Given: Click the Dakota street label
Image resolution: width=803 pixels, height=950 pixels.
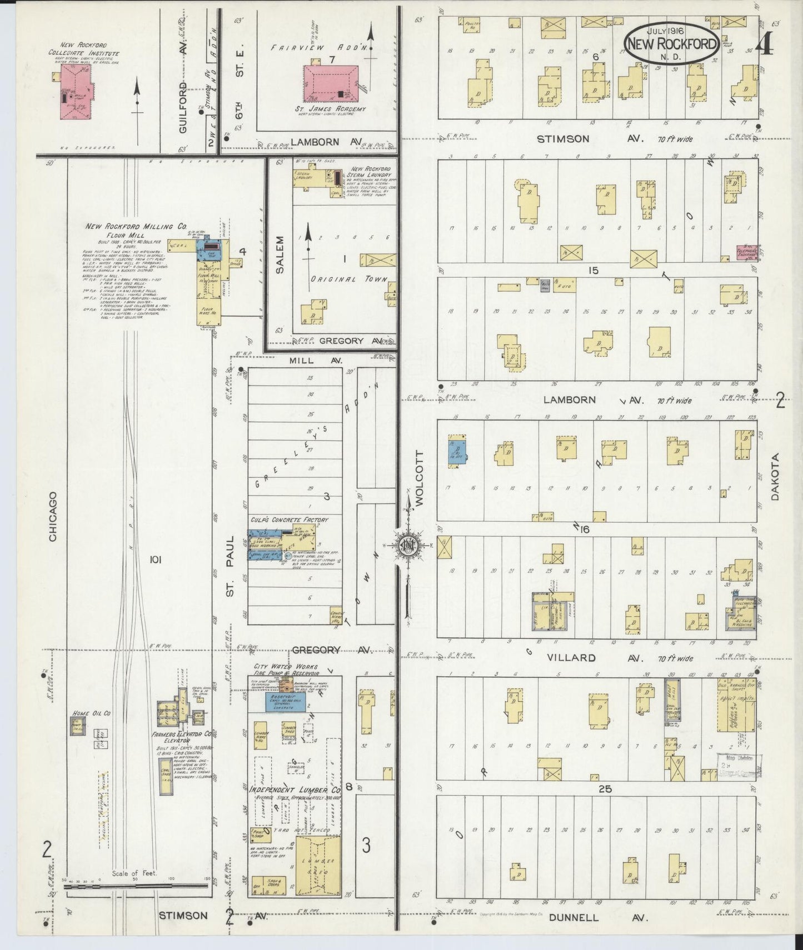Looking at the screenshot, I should (776, 477).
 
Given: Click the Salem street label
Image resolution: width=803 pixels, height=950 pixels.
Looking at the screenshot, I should (279, 254).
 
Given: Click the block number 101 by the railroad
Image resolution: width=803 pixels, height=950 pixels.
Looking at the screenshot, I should (155, 561).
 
